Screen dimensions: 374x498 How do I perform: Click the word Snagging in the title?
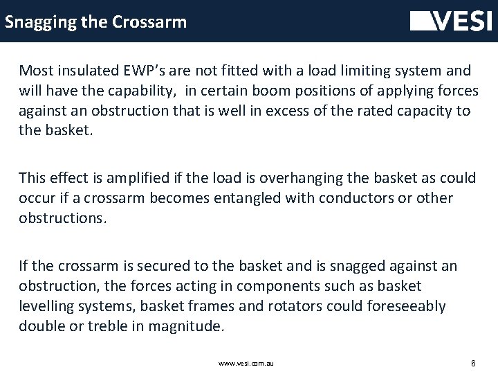(37, 22)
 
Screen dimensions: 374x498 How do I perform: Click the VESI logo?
(450, 21)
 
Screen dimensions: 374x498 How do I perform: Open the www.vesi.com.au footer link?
(246, 362)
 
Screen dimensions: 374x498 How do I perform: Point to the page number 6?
(472, 362)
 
